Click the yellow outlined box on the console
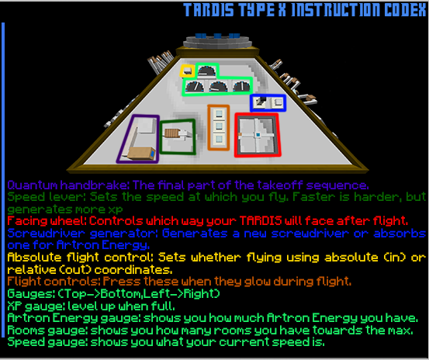tap(187, 71)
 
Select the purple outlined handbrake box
tap(137, 139)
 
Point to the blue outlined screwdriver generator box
tap(268, 102)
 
